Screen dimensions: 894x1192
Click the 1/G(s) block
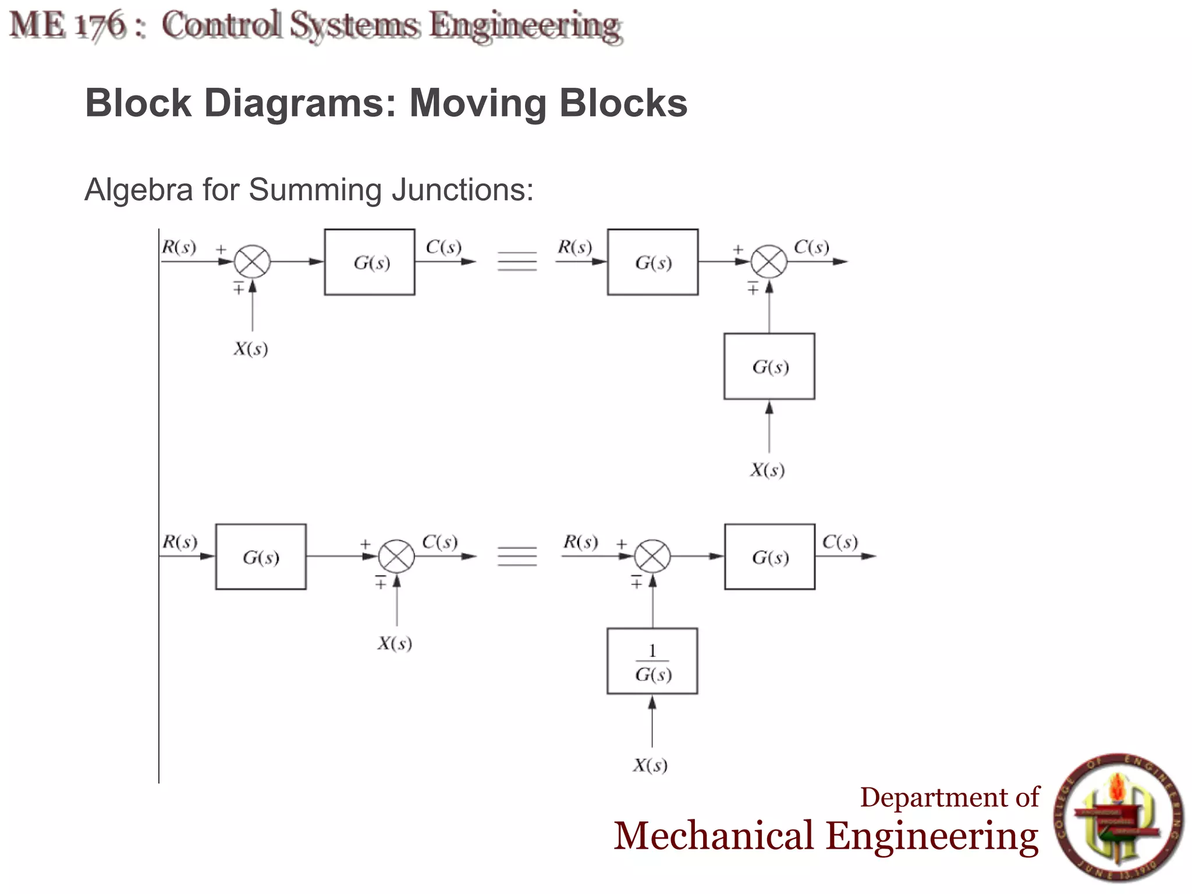(x=652, y=661)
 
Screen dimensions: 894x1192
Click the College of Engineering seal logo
(x=1119, y=817)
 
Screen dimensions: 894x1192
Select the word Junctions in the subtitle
(x=462, y=190)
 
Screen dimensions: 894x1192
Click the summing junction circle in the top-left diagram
(x=252, y=262)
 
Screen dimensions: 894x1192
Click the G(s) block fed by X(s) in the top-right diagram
(x=769, y=366)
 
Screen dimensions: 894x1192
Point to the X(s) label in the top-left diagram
(x=251, y=349)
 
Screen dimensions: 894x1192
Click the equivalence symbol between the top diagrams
(x=517, y=262)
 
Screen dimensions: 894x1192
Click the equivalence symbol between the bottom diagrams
(x=517, y=556)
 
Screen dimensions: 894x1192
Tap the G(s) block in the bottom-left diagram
(x=261, y=557)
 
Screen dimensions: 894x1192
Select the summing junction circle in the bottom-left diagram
(x=396, y=556)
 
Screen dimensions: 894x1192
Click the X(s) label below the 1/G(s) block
(x=650, y=765)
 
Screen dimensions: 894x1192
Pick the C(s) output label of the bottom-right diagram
(x=840, y=542)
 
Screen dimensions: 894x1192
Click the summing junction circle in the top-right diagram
(x=769, y=262)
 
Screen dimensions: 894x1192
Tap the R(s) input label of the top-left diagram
(x=179, y=247)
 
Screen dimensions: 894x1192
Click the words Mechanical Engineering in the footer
(x=826, y=836)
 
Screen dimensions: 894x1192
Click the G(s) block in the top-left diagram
(x=370, y=262)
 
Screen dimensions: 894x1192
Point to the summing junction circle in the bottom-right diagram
(x=652, y=556)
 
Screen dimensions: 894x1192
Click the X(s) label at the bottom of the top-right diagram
(x=767, y=470)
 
